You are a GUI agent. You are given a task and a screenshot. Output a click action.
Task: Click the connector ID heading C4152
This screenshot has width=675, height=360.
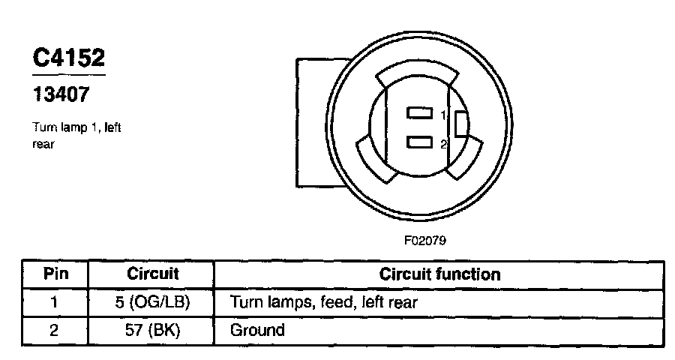point(68,59)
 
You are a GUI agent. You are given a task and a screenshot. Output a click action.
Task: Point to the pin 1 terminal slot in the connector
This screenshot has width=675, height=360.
point(419,114)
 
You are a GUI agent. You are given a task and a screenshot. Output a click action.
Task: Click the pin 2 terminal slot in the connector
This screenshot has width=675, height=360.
point(419,141)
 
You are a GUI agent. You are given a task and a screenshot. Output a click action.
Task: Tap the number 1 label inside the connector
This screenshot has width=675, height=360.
point(443,115)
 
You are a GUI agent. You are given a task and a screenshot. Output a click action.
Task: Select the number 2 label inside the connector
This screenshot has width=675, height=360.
point(443,143)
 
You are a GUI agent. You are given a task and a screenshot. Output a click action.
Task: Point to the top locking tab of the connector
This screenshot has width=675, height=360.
point(418,75)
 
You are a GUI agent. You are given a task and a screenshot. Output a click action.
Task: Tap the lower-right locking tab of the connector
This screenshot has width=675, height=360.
point(462,160)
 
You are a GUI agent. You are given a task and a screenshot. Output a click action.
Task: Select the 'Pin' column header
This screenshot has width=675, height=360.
point(55,274)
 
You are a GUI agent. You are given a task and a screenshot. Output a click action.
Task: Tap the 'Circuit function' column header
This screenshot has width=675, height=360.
point(439,274)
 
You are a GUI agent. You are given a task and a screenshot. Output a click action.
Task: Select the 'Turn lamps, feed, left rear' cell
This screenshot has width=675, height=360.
point(323,302)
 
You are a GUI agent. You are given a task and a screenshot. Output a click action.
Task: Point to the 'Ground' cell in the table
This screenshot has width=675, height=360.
point(257,330)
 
